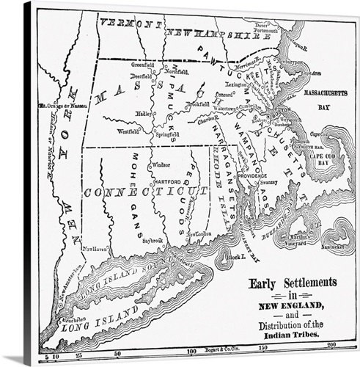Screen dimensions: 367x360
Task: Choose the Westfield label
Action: tap(128, 132)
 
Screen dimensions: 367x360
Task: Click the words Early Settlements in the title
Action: tap(293, 283)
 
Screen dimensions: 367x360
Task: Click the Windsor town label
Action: tap(161, 166)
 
